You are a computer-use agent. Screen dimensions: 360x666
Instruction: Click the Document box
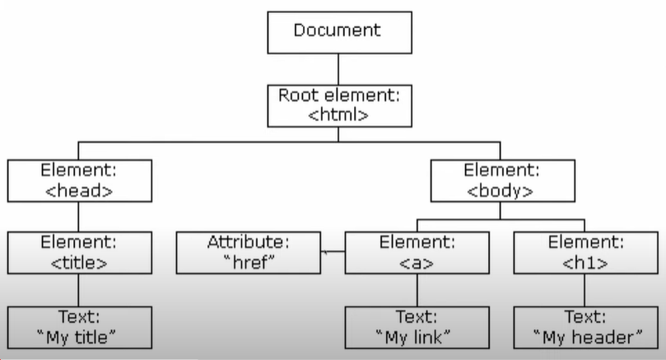[x=338, y=31]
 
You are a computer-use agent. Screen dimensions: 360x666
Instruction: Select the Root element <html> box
[x=338, y=105]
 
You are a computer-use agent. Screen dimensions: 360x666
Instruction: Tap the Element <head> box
[x=79, y=180]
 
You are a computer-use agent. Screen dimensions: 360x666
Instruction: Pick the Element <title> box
[x=79, y=253]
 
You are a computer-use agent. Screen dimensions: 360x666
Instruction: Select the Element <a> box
[x=417, y=253]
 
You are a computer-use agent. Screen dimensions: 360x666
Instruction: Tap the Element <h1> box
[x=586, y=253]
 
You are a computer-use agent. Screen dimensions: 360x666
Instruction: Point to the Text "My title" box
[x=79, y=326]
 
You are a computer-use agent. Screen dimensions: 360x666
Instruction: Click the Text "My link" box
[x=417, y=326]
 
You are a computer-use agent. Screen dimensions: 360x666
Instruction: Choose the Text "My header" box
[x=586, y=326]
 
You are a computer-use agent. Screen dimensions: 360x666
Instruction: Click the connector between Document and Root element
[x=338, y=68]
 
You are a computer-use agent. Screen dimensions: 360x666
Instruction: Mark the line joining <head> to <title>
[x=79, y=217]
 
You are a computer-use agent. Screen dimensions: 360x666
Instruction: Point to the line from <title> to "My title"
[x=79, y=289]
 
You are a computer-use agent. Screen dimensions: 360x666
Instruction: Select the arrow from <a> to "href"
[x=332, y=252]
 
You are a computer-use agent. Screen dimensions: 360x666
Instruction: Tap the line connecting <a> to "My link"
[x=417, y=289]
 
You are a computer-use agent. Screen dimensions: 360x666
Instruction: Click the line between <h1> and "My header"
[x=586, y=289]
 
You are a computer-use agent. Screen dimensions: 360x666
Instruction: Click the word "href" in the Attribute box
[x=249, y=263]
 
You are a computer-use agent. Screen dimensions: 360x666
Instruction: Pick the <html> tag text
[x=338, y=115]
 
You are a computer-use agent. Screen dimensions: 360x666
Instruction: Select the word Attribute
[x=249, y=243]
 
